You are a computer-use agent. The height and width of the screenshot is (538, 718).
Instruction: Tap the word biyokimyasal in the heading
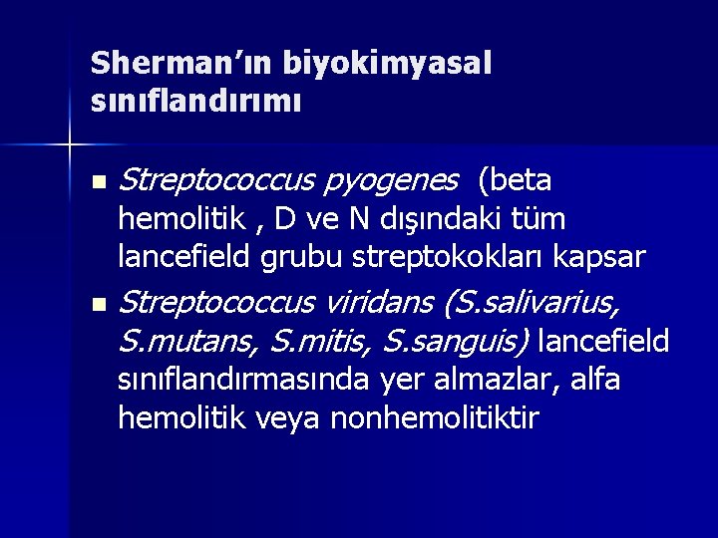pos(386,63)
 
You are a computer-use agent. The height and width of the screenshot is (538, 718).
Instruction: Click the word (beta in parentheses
pos(515,180)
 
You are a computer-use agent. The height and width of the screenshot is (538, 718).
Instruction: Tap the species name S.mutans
pos(186,342)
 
